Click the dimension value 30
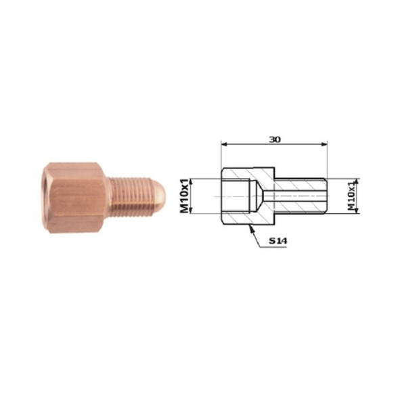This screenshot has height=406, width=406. [275, 140]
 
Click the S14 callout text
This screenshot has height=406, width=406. [278, 241]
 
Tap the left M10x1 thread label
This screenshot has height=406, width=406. [184, 196]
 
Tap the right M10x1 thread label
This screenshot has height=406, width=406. [351, 196]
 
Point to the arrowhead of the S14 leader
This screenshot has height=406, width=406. [250, 229]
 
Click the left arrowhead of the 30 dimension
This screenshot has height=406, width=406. [224, 144]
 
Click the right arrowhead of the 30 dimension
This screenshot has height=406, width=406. [324, 144]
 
